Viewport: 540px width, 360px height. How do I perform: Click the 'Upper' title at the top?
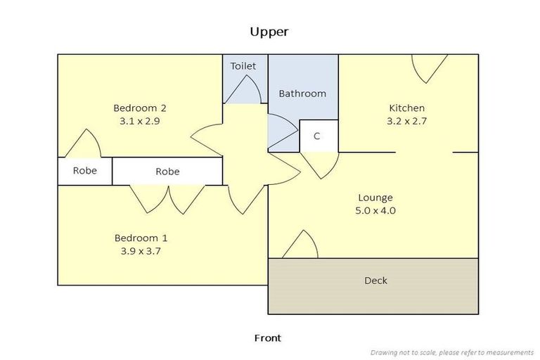tap(269, 32)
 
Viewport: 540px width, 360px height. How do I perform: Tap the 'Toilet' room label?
tap(243, 66)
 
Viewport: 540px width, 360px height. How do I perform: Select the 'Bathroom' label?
tap(302, 94)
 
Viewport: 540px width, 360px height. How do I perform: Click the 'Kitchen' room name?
tap(407, 108)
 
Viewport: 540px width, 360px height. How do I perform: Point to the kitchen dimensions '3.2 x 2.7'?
tap(407, 121)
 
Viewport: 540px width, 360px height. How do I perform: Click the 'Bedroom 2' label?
tap(140, 108)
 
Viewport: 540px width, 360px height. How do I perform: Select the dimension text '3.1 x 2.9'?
tap(140, 121)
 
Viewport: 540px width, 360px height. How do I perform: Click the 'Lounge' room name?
tap(375, 198)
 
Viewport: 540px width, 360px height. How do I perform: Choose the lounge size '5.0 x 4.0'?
tap(375, 210)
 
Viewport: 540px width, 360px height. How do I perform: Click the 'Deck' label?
tap(375, 281)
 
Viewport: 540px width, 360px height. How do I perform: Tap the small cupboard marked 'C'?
tap(316, 136)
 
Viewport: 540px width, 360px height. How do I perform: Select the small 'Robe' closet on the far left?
tap(85, 171)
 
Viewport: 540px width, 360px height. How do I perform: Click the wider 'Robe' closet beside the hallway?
tap(167, 171)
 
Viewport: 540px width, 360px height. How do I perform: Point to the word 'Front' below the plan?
tap(267, 338)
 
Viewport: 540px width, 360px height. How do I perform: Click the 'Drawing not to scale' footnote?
tap(452, 352)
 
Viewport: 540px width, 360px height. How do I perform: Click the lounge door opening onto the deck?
tap(302, 244)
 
